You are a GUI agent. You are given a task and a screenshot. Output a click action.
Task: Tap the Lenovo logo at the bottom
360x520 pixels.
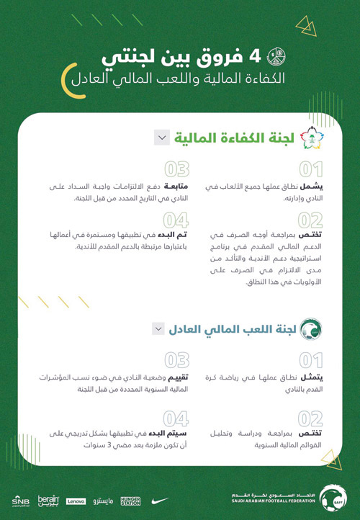coord(76,500)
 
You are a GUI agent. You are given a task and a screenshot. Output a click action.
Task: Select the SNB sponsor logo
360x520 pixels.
coord(20,500)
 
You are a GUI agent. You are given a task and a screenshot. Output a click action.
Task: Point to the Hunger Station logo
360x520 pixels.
coord(131,500)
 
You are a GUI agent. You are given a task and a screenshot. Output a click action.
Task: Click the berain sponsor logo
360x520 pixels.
coord(48,499)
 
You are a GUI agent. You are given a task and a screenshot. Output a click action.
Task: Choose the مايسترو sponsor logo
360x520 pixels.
coord(102,500)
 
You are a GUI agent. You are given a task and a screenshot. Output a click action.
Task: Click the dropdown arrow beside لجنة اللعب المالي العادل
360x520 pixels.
coord(158,328)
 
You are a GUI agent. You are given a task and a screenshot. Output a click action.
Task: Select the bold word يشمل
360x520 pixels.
coord(322,187)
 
